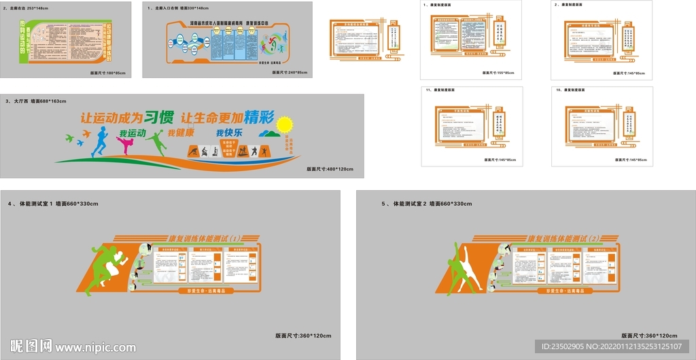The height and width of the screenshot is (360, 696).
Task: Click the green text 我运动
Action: [133, 133]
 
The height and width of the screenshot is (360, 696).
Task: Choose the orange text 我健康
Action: [181, 133]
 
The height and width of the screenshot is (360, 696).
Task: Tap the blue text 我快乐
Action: [230, 132]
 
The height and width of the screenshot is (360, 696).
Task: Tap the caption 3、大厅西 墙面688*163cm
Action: [37, 101]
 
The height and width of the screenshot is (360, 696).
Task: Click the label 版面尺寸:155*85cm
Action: [500, 73]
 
